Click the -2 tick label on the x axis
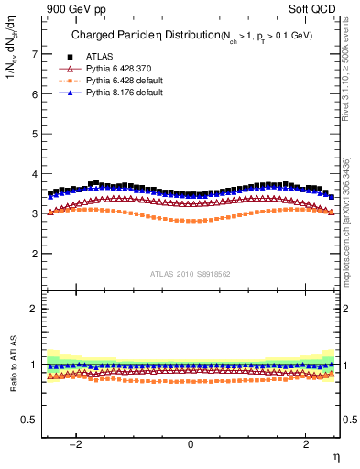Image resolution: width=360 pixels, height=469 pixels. click(x=76, y=443)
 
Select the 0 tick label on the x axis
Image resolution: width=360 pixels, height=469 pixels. click(x=191, y=443)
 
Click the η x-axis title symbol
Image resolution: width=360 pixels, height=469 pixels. click(x=336, y=455)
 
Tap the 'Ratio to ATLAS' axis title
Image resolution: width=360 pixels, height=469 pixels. click(x=12, y=365)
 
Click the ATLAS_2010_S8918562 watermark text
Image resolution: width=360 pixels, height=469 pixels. click(x=191, y=273)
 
